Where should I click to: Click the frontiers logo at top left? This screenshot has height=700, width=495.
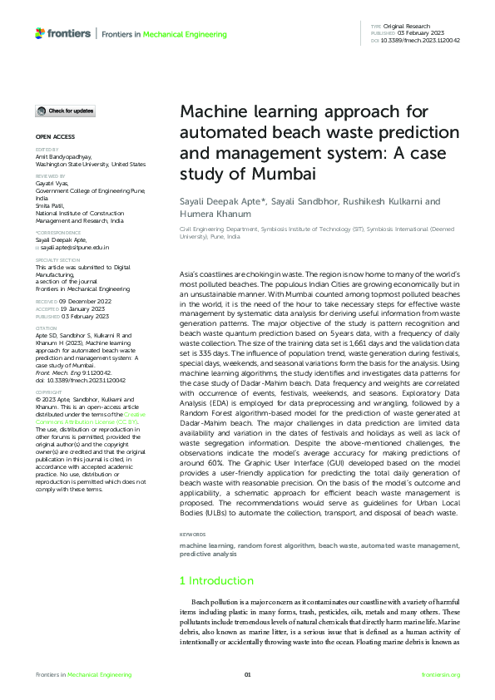(x=63, y=34)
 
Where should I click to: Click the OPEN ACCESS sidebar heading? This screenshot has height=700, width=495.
(x=55, y=136)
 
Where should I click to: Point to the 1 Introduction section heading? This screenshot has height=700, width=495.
(x=216, y=580)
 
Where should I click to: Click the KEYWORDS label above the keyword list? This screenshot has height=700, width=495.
(x=193, y=534)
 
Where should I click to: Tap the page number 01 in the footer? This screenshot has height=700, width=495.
(x=247, y=674)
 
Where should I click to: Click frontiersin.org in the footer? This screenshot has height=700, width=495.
(x=441, y=674)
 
